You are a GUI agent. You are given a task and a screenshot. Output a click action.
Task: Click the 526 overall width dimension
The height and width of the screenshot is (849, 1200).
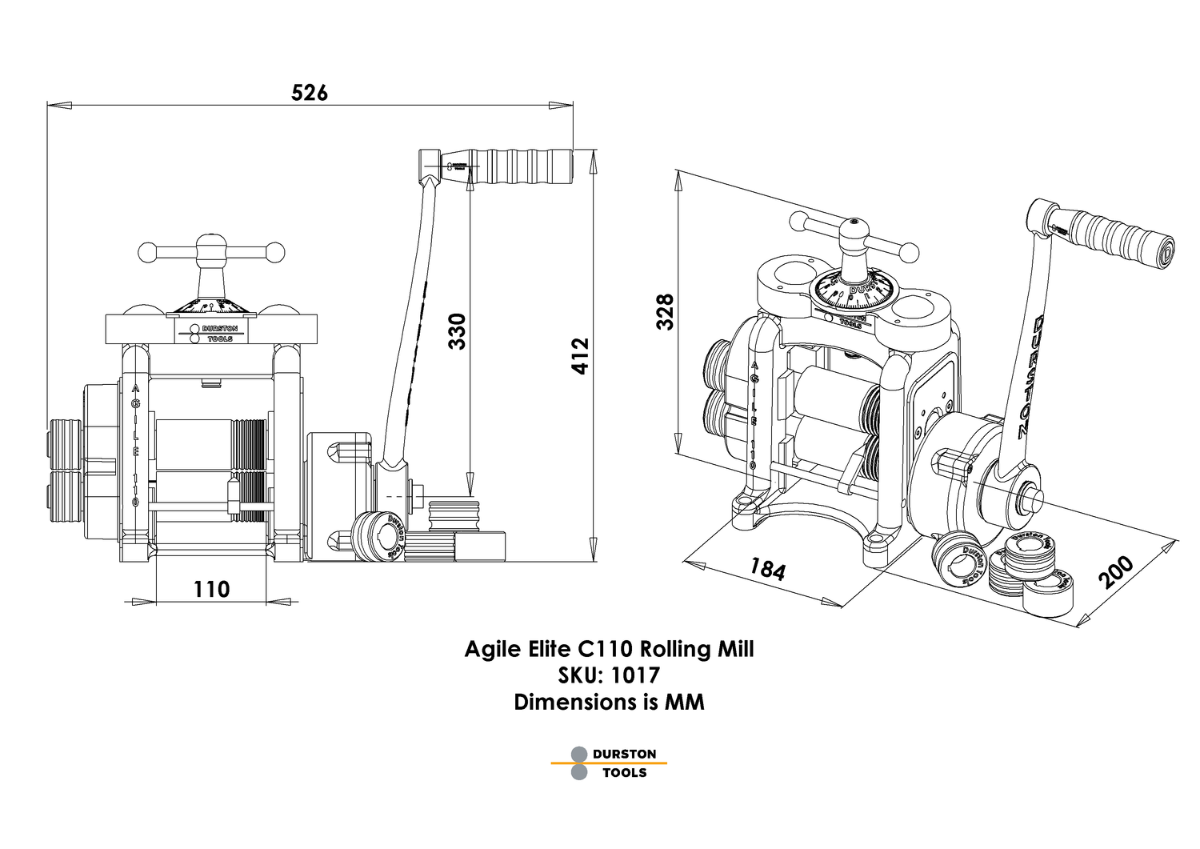click(310, 93)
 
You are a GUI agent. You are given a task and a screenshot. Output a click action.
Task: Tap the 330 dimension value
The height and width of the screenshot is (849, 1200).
click(456, 330)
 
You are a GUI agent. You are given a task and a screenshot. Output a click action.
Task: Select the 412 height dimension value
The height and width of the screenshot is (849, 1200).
click(580, 355)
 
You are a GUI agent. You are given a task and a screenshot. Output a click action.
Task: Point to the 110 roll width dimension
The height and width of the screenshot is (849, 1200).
click(211, 589)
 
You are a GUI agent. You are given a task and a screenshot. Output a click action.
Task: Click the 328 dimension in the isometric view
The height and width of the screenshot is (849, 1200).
click(666, 311)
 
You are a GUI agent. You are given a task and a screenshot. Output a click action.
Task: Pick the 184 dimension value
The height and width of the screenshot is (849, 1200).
click(767, 569)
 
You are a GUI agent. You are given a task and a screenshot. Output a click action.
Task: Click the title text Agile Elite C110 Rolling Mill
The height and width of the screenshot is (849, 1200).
click(609, 648)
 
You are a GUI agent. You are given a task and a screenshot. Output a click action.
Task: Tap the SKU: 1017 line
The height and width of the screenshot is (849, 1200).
click(609, 675)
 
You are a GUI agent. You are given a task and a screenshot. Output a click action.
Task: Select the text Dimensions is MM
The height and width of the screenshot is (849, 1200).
click(609, 703)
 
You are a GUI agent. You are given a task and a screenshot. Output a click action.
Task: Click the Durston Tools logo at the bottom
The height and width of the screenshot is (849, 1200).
click(609, 763)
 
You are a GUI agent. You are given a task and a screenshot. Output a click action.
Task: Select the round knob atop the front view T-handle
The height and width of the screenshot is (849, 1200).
click(211, 243)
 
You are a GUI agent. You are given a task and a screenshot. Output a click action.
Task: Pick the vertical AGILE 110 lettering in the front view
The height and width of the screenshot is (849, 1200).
click(136, 444)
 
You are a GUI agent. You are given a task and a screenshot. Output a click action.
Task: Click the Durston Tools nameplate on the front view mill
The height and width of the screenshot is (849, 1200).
click(212, 333)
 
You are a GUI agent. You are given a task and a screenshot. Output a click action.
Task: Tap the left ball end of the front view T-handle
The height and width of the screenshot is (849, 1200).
click(147, 252)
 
